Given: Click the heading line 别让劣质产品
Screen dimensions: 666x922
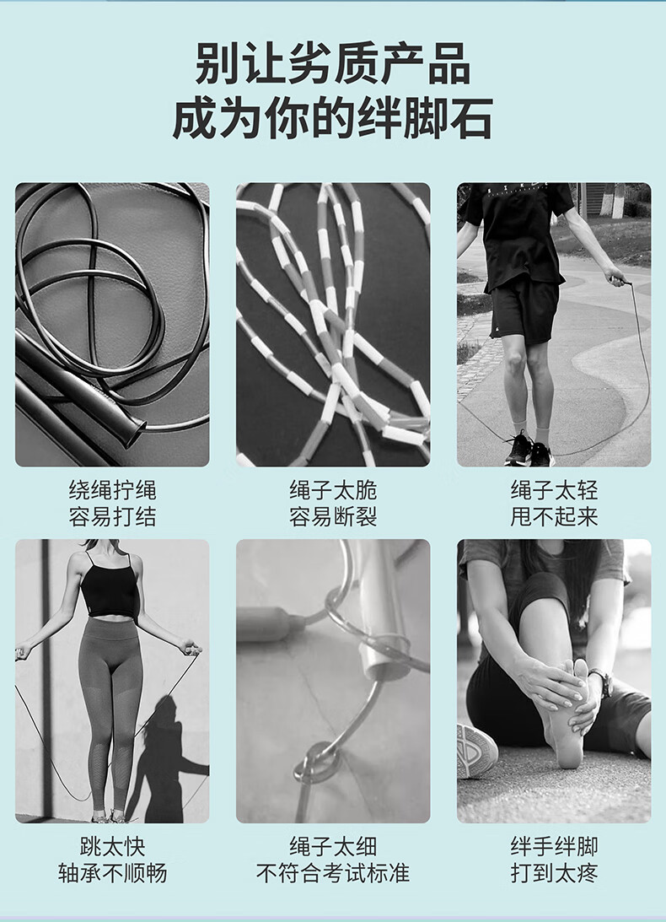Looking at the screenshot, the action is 333,63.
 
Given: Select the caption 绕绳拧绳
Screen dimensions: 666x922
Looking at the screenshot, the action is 112,490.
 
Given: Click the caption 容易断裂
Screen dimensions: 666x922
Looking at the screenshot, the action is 333,517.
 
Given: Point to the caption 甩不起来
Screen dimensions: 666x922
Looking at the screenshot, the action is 554,517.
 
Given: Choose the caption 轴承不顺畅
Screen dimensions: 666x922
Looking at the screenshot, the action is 112,872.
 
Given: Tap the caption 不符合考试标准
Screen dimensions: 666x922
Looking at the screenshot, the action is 333,872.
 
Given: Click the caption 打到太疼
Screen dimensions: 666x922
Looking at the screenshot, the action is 554,872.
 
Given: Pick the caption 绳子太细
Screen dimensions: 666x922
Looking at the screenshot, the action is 333,846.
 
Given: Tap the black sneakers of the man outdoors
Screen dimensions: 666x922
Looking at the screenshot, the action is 529,450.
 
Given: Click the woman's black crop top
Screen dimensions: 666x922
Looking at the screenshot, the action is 110,590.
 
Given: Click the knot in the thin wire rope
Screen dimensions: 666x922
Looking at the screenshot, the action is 318,762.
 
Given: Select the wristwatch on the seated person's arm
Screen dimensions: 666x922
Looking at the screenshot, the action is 603,682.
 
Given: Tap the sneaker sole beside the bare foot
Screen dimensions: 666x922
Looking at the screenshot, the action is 476,750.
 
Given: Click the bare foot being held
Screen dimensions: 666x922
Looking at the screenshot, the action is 567,714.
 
